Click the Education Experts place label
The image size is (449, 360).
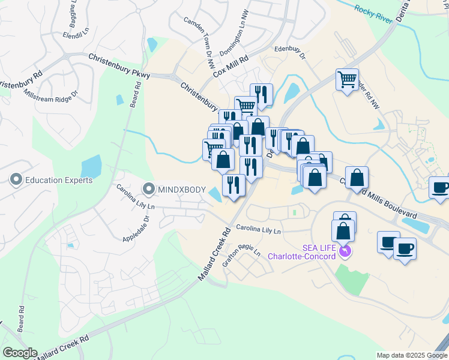point(58,180)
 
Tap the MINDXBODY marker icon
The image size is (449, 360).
point(148,190)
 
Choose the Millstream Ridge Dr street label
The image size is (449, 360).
point(51,94)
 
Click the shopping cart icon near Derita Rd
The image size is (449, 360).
point(348,79)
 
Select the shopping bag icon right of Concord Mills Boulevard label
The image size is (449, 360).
point(357,178)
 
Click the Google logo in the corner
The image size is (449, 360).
point(20,353)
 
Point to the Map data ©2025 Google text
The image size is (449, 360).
point(411,355)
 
